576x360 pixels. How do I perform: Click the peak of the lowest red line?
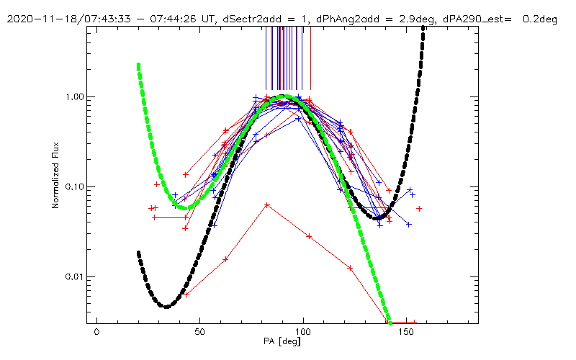[x=267, y=204]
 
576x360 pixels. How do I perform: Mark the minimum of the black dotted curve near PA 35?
[x=167, y=307]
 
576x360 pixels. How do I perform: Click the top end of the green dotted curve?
[x=138, y=66]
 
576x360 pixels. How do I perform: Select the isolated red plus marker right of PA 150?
[x=419, y=208]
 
